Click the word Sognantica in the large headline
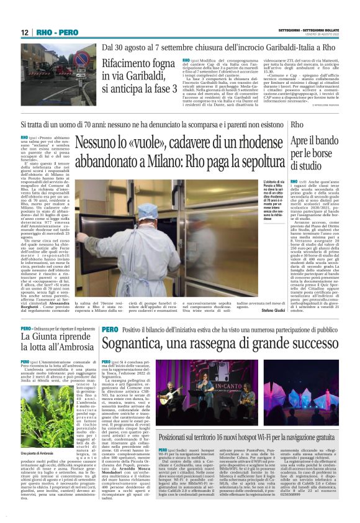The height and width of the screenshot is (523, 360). click(138, 342)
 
